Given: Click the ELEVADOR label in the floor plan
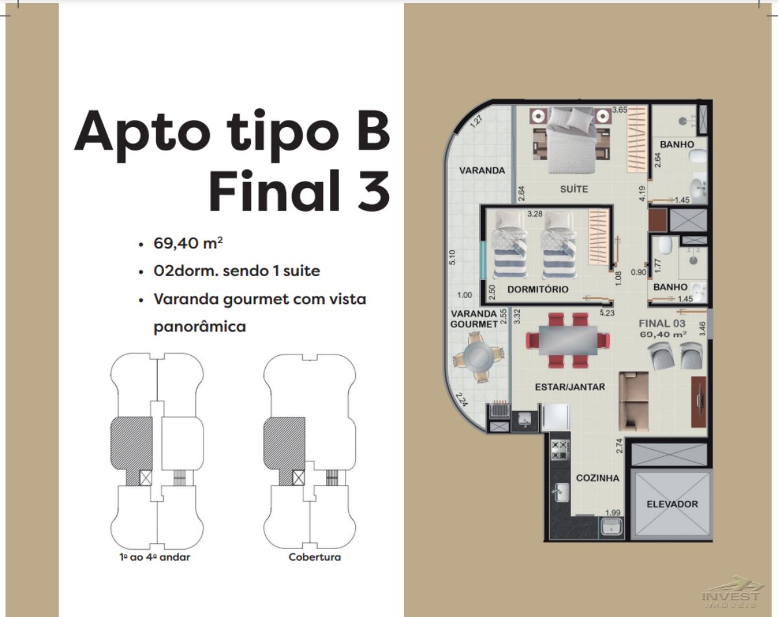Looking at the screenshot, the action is pos(672,504).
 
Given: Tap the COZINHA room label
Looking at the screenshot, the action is pos(598,478).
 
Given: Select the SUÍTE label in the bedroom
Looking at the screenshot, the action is pos(574,189).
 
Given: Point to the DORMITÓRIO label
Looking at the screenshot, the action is pos(538,289).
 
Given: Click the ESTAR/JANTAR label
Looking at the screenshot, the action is pos(570,387).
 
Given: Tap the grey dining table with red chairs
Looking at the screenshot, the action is pos(568,340).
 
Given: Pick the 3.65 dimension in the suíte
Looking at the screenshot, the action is pos(620,110).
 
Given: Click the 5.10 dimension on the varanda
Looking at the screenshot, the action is pos(453,257).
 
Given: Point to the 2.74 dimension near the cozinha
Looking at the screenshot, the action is pos(619,446).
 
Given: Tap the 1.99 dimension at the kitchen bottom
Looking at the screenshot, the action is pos(613,513).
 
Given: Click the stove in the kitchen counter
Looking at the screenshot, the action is pos(560,450).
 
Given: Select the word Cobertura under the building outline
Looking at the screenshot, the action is pos(314,557).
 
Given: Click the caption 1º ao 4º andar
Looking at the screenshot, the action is pos(155,557).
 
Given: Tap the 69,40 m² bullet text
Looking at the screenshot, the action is pos(188,243).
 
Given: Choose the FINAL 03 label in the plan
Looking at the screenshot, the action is pos(662,323).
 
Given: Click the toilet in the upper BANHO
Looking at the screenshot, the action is pos(698,157).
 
